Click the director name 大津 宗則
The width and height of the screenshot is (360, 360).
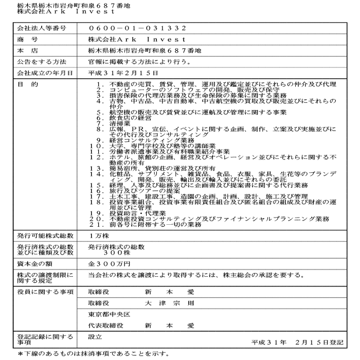coord(169,303)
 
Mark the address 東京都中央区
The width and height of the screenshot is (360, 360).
coord(109,314)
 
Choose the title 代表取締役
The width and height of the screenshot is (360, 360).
coord(105,325)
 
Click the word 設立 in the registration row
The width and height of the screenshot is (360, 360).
coord(95,336)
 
